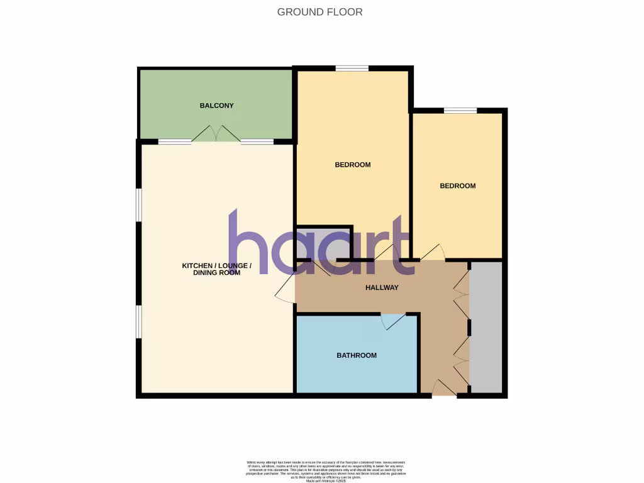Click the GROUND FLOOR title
320,12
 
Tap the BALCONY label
217,106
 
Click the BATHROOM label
357,355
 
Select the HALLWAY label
382,288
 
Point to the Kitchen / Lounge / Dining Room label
217,269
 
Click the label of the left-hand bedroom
353,165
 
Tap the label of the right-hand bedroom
457,186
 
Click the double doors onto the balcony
216,135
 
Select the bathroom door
394,321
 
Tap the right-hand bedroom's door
433,253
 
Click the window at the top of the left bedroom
352,69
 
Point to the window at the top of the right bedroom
460,111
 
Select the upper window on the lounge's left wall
139,205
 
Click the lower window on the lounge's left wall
139,322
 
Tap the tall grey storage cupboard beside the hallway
486,327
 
